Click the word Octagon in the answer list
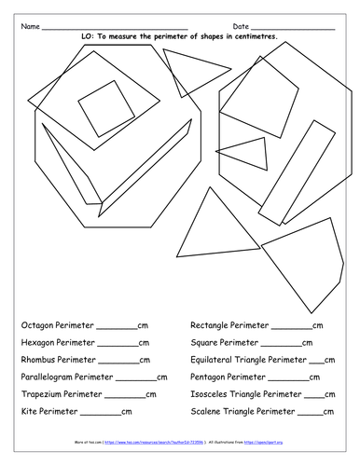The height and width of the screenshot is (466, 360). [x=36, y=326]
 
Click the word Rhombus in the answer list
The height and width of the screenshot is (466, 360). [x=37, y=360]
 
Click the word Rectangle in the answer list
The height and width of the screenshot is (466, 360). [x=212, y=326]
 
